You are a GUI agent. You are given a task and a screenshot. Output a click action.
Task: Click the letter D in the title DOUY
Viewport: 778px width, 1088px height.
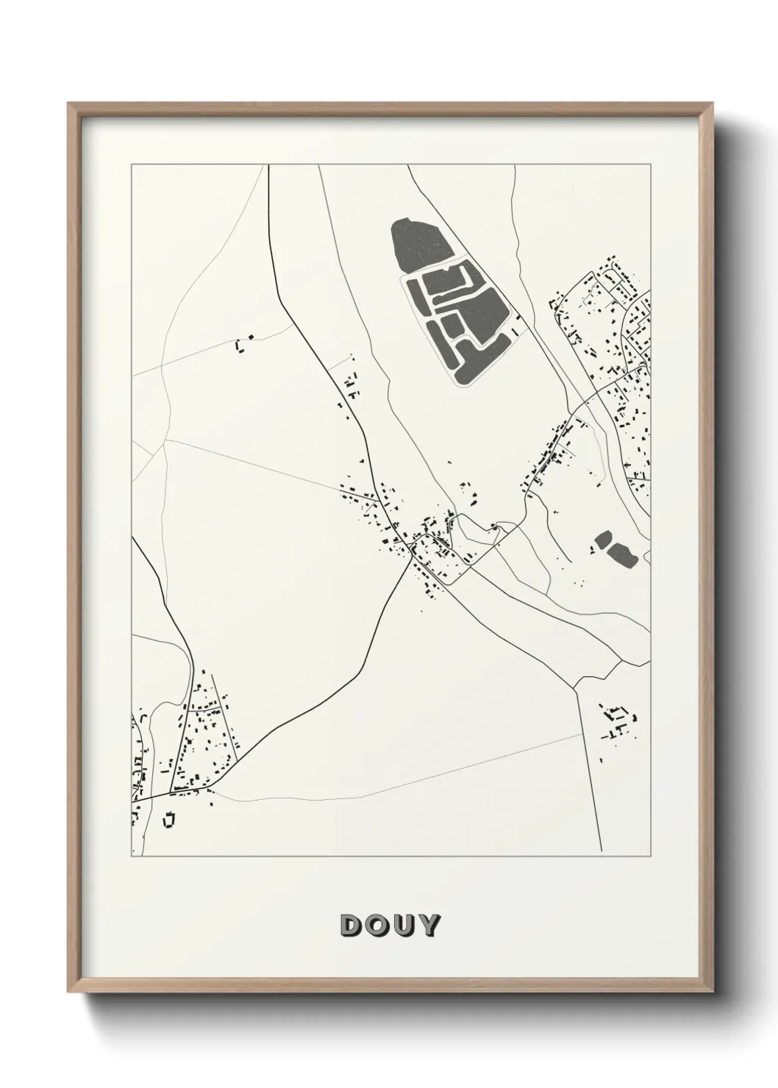(x=351, y=926)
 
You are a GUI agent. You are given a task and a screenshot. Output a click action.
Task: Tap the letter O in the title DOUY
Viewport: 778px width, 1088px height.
(x=377, y=926)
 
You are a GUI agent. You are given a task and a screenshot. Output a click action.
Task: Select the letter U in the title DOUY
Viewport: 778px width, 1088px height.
(x=403, y=926)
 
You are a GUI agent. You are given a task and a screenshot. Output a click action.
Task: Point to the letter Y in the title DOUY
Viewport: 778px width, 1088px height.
(x=428, y=926)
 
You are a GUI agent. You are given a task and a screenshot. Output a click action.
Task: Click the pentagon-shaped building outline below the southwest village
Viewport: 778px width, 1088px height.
(x=170, y=818)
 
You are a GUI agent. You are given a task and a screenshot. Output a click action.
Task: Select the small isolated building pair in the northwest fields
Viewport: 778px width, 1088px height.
(x=242, y=343)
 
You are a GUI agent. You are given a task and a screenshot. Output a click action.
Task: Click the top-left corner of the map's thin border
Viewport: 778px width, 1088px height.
(x=132, y=165)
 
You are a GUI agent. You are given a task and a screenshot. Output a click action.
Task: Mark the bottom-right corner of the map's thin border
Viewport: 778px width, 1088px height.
(x=650, y=856)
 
